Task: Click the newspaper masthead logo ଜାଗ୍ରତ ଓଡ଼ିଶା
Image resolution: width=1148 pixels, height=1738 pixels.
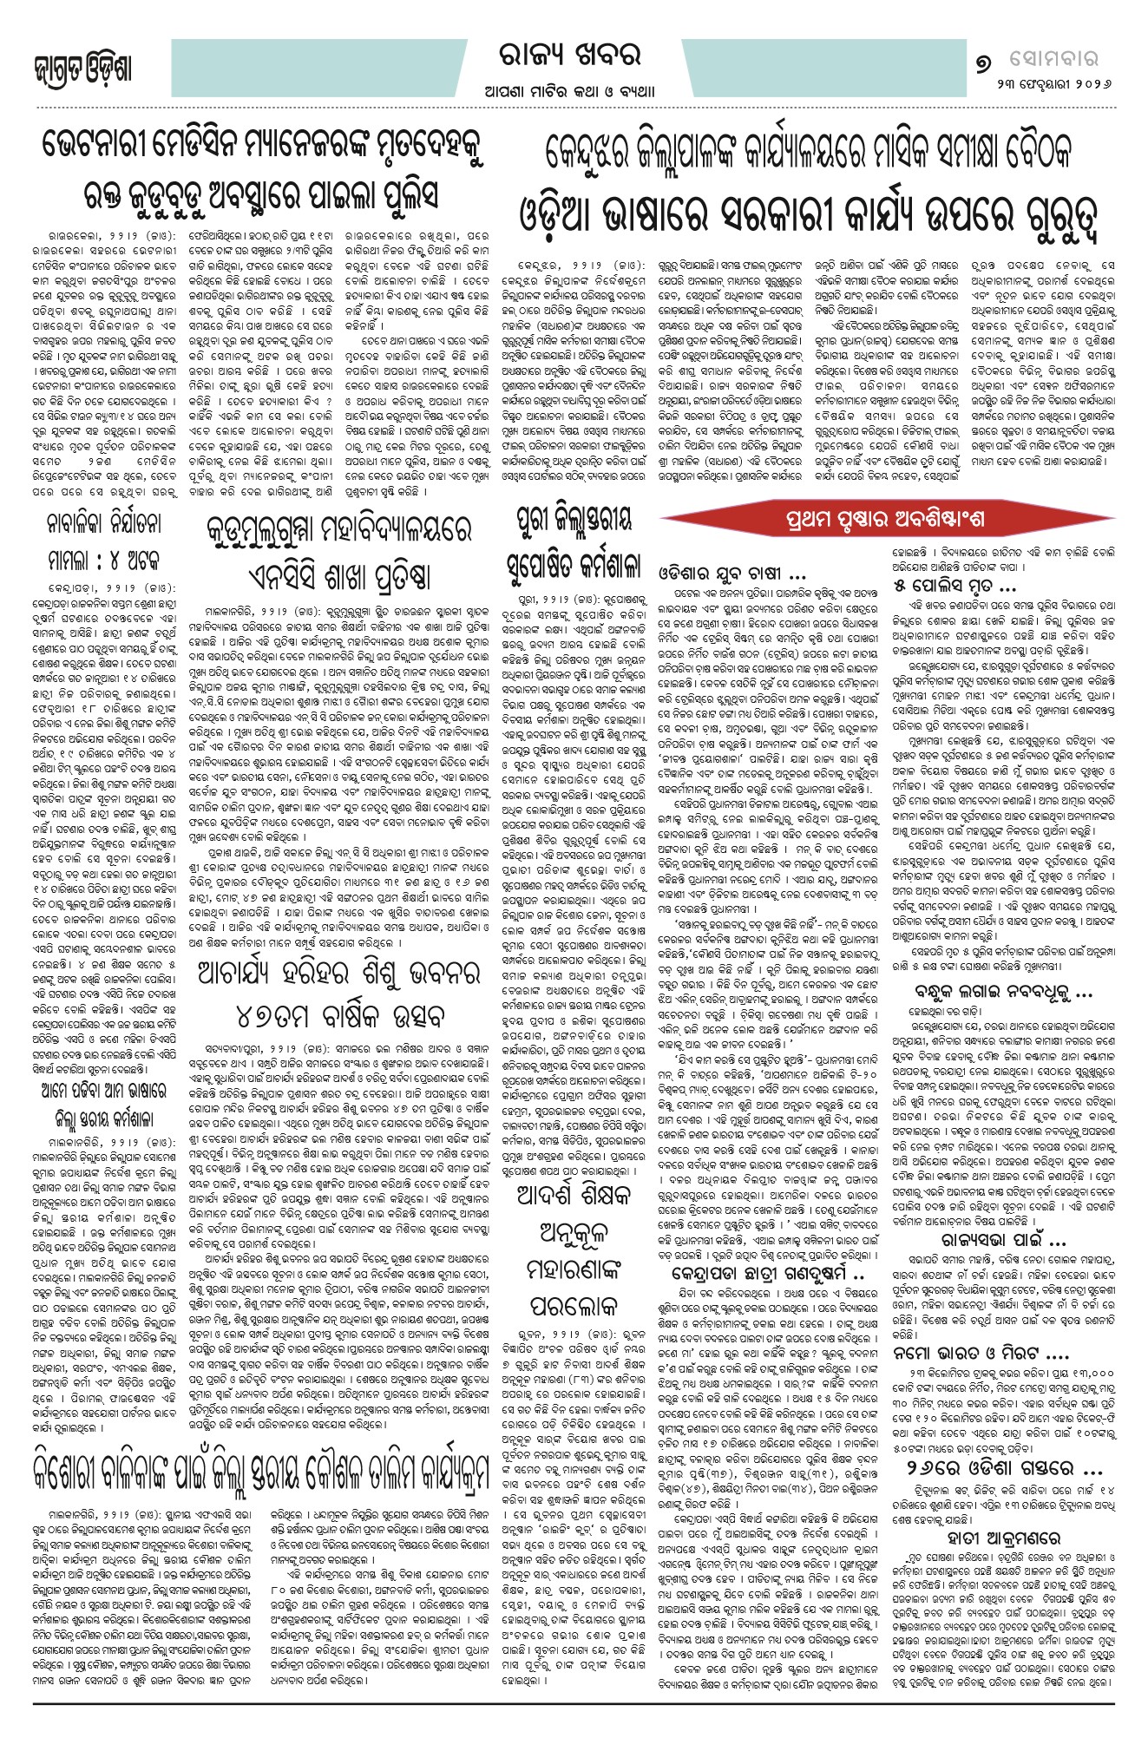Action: coord(82,69)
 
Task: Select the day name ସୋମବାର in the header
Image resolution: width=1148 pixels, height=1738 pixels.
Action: coord(1053,59)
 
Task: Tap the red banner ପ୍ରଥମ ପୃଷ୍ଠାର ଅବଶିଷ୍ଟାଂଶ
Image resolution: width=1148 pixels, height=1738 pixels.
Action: coord(886,520)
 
